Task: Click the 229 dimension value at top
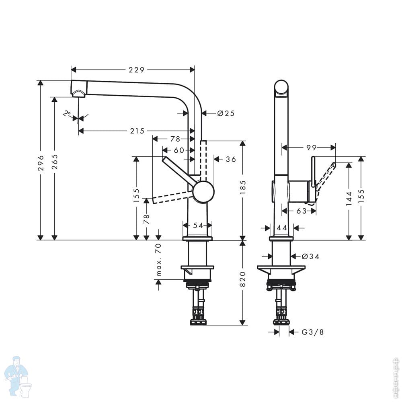(136, 70)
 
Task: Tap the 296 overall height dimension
(41, 163)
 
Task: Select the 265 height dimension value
(55, 162)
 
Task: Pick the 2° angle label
(67, 113)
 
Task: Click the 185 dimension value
(242, 187)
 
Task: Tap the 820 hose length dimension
(242, 279)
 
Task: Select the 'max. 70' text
(158, 260)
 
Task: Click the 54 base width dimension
(198, 226)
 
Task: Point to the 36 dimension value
(231, 159)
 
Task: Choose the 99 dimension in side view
(312, 148)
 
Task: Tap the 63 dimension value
(301, 211)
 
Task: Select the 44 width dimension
(282, 228)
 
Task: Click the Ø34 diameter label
(310, 256)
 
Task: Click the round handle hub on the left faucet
(203, 191)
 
